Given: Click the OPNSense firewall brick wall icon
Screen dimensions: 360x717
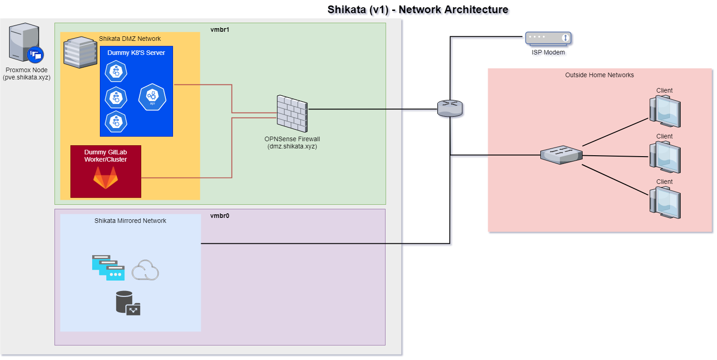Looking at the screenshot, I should point(292,113).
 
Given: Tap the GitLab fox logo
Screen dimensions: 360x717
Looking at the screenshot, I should point(105,178).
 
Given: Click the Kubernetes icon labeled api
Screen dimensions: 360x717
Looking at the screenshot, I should point(152,97).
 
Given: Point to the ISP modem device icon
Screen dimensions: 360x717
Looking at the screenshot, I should point(549,39).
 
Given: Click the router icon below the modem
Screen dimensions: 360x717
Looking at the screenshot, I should point(450,108).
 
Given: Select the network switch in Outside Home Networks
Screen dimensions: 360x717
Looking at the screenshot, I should point(561,155).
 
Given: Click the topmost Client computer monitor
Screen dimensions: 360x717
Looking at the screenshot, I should point(665,111).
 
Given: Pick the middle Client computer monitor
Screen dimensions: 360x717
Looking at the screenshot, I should point(665,157).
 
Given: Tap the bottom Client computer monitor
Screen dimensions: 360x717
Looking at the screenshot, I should point(665,202).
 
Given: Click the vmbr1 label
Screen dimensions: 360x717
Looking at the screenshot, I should point(220,30).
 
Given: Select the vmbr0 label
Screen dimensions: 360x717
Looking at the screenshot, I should point(220,216).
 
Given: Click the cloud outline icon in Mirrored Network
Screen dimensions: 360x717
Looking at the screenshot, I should point(145,270).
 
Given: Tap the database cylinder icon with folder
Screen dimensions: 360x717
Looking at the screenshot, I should point(128,303).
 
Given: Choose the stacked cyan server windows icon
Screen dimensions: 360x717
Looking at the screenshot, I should point(108,267).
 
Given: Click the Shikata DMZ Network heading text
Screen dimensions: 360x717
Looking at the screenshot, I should point(130,39).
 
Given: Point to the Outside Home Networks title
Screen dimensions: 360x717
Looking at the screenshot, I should point(599,75).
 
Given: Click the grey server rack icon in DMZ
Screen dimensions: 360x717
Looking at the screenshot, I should point(80,52).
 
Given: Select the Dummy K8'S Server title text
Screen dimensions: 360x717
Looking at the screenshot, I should point(136,53).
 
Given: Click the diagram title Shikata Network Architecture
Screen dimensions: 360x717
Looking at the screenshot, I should point(419,10).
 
